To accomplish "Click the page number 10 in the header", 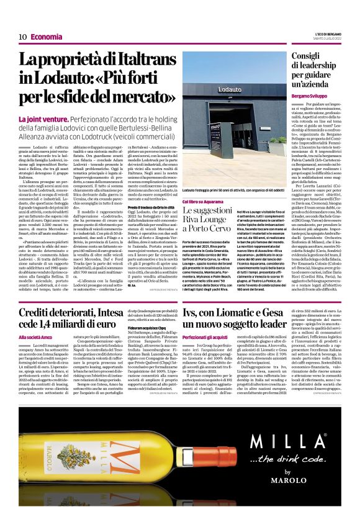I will pos(22,37).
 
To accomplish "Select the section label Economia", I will pos(46,37).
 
